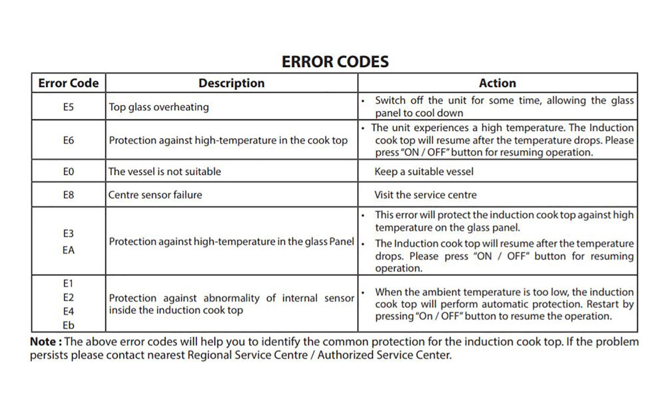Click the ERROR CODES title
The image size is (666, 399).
coord(335,62)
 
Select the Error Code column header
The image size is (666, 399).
coord(68,83)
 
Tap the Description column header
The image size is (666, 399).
coord(231,83)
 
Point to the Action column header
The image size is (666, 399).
coord(497,83)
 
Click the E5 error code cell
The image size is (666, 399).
coord(68,107)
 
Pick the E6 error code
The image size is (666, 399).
coord(68,140)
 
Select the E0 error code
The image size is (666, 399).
coord(68,172)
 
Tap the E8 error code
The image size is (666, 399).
coord(68,195)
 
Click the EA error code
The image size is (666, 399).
coord(68,250)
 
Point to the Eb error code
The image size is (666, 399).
coord(68,326)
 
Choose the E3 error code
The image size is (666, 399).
coord(68,233)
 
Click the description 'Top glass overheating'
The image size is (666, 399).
coord(159,107)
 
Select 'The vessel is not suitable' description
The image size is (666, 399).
coord(165,172)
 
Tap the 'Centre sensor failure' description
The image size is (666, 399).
coord(155,195)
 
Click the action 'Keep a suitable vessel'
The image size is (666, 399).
coord(424,172)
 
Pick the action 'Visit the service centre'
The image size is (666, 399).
coord(425,195)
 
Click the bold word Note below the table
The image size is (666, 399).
coord(43,342)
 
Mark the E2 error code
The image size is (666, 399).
coord(68,298)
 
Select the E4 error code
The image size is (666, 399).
coord(68,312)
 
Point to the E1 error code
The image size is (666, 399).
coord(68,283)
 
